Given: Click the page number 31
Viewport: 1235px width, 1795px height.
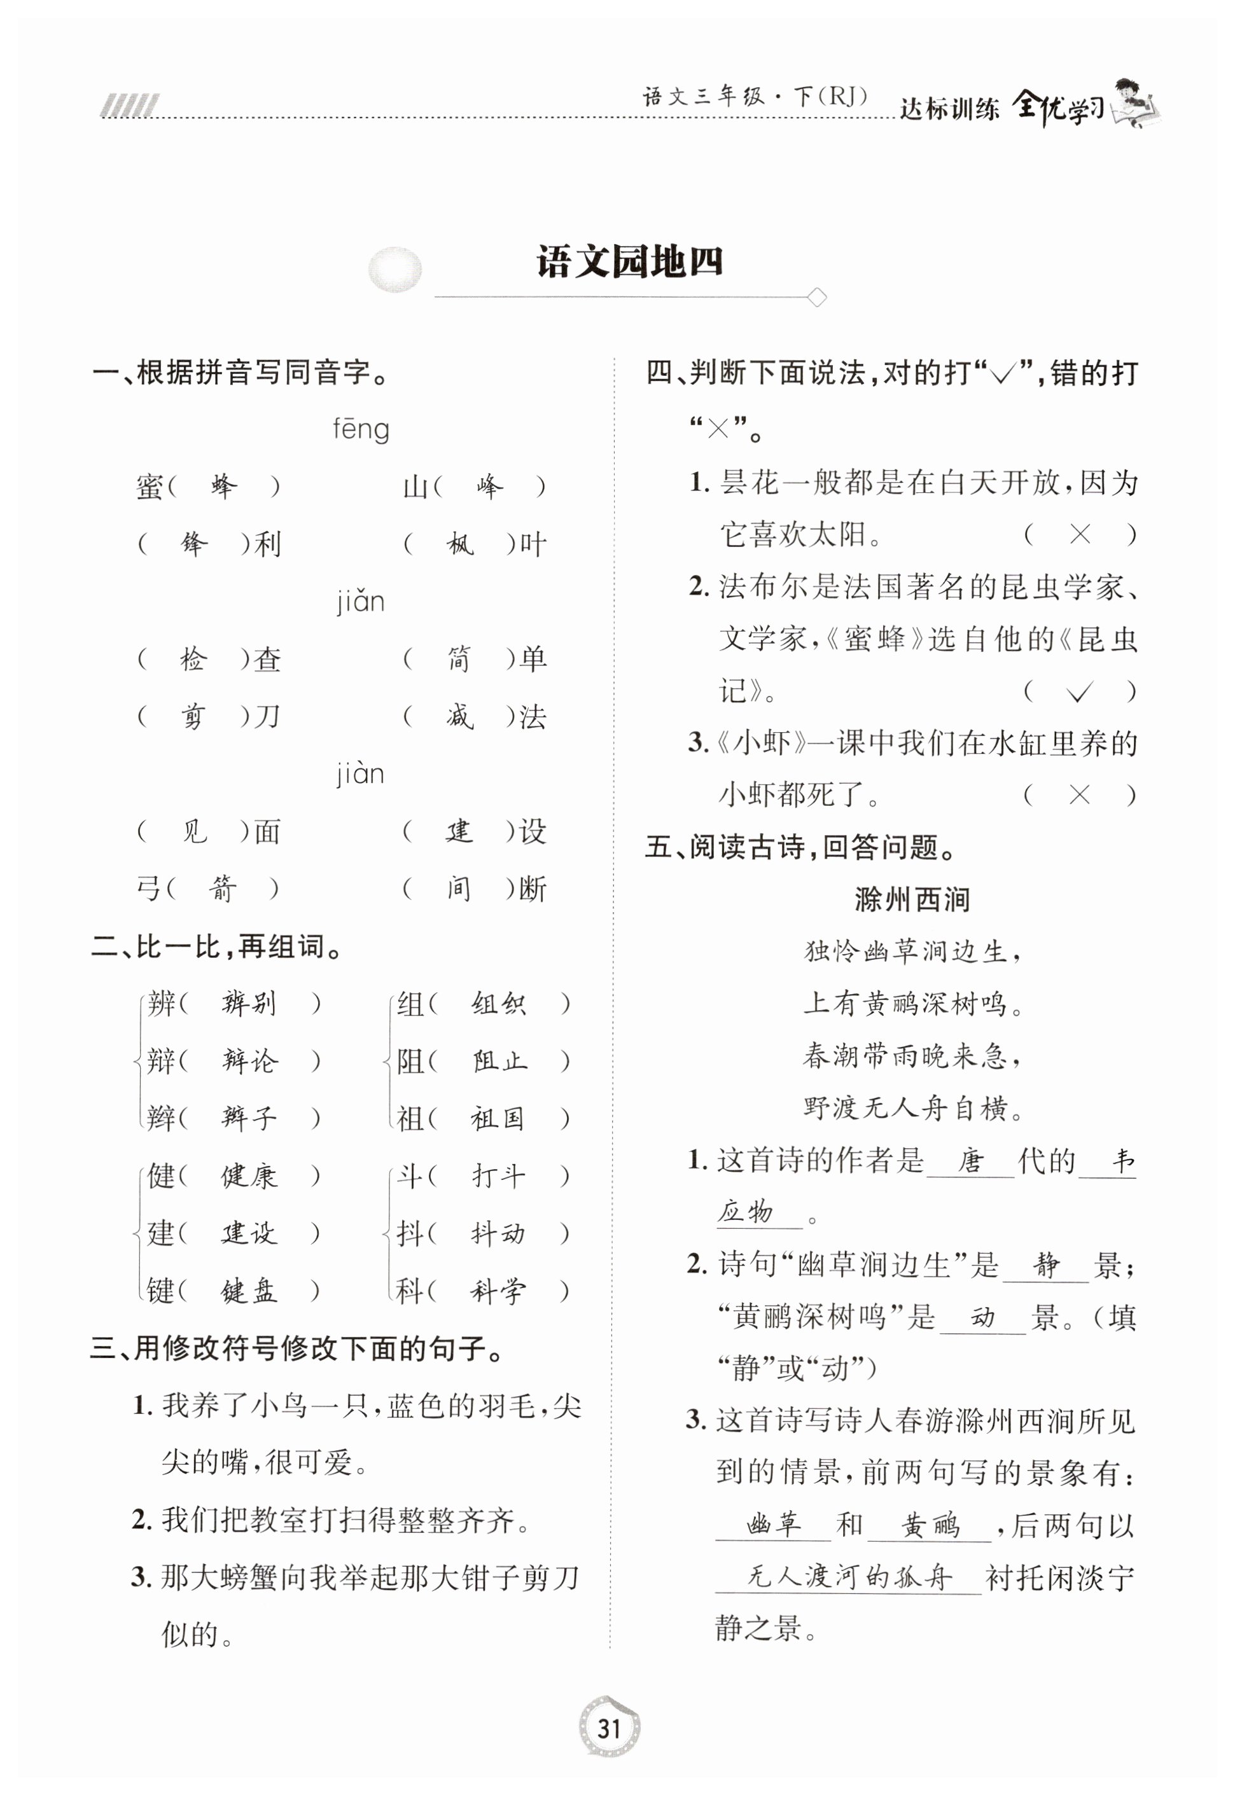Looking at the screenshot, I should pyautogui.click(x=609, y=1728).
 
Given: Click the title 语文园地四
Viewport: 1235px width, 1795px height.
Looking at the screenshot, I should pyautogui.click(x=630, y=262).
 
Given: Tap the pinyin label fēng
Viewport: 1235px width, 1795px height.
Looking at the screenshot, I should pyautogui.click(x=361, y=429).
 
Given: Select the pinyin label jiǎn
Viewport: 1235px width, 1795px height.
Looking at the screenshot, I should pyautogui.click(x=361, y=601).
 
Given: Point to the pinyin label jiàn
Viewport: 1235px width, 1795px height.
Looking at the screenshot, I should pyautogui.click(x=361, y=773).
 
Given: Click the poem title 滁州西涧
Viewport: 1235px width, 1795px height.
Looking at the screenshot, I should pyautogui.click(x=912, y=899).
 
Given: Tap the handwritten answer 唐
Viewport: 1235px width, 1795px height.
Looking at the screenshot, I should pyautogui.click(x=970, y=1161).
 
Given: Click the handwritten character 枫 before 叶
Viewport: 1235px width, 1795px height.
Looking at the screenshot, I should pyautogui.click(x=459, y=544).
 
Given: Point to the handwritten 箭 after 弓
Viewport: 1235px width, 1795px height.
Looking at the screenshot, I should pyautogui.click(x=222, y=889).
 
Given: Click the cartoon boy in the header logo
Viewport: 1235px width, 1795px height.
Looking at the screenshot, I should pyautogui.click(x=1134, y=100).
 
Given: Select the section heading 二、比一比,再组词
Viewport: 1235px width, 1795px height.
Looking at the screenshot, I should pyautogui.click(x=218, y=946).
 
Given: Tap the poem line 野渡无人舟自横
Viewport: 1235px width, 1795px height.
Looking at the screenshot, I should pyautogui.click(x=913, y=1108).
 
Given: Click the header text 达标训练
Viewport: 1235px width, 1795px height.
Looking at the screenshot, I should pyautogui.click(x=949, y=108).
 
